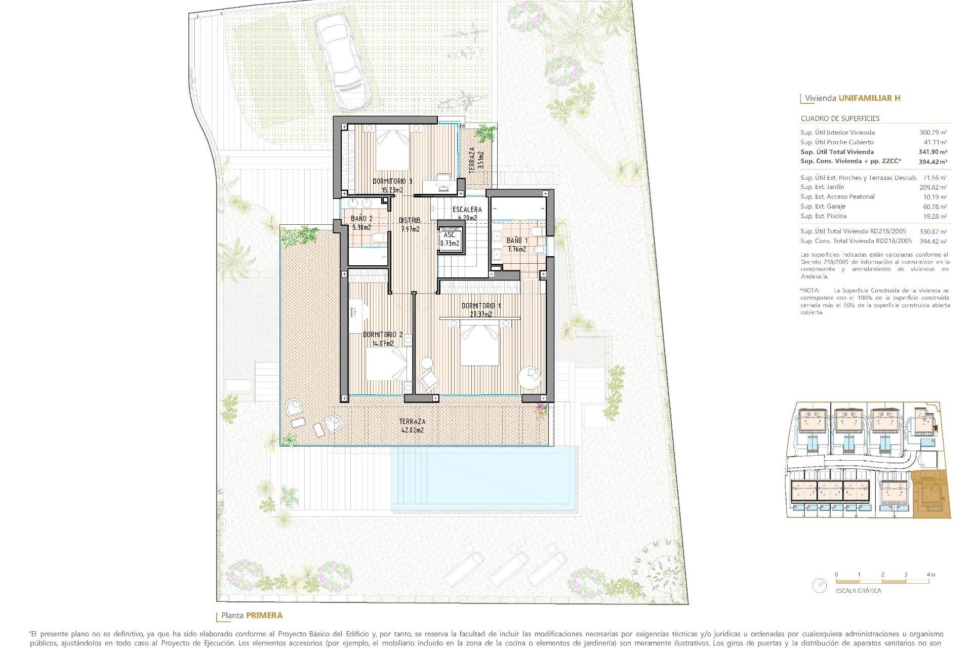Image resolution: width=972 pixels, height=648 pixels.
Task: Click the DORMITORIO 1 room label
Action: point(481,306)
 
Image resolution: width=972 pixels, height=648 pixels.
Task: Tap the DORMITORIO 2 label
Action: point(383,335)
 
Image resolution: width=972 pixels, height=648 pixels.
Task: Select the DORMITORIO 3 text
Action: point(392,181)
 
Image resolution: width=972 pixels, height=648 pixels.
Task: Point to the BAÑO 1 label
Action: point(517,240)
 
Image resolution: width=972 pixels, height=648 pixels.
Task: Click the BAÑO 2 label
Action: point(361,219)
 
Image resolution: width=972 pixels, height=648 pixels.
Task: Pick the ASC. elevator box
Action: point(450,239)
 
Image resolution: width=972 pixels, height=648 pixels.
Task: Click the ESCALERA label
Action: point(467,209)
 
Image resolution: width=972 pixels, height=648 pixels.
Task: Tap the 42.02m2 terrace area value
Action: point(412,430)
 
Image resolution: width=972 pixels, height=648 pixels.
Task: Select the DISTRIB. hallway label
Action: point(410,220)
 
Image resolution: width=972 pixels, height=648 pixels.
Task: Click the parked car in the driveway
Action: point(342,61)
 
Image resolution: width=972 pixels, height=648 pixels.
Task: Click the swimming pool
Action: point(484,478)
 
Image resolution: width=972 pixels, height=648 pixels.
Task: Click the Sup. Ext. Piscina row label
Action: point(823,216)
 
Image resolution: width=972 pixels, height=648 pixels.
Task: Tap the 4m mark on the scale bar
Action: point(930,575)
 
